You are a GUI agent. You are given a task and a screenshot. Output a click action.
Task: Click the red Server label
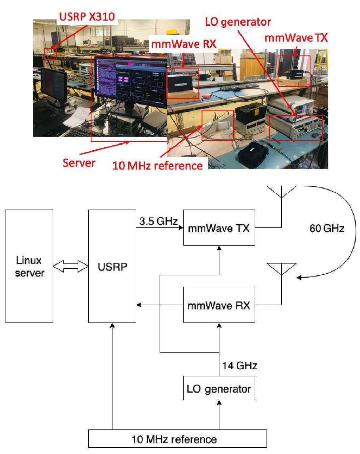(79, 162)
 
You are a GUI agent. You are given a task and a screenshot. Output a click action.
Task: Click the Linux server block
(29, 266)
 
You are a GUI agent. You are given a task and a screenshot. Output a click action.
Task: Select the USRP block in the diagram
(112, 266)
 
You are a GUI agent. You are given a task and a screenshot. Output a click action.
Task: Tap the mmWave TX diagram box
(219, 228)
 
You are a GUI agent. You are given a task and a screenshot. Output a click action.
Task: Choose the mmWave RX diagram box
(219, 305)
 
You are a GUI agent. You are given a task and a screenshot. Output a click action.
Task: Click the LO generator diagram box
(219, 389)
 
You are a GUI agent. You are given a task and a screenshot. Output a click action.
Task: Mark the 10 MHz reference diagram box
(177, 439)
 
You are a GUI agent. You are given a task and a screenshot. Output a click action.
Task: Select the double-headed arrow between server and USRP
(70, 266)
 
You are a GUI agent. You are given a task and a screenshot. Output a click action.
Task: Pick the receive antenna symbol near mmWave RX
(281, 268)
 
